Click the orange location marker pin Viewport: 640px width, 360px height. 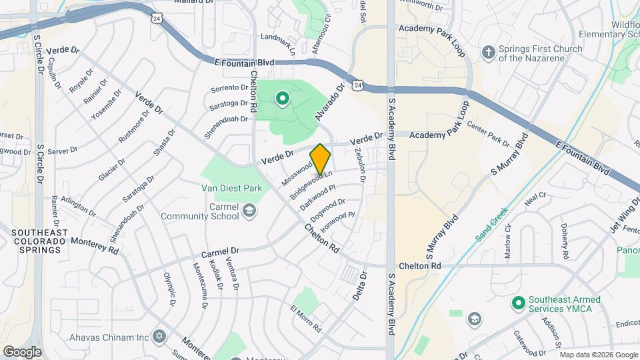point(321,159)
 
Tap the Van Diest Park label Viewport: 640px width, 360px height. point(232,188)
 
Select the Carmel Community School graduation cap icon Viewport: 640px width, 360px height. point(249,211)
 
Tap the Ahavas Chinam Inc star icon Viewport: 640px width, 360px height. point(158,334)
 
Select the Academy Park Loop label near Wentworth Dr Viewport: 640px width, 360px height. point(431,29)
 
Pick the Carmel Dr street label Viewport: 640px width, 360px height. point(220,253)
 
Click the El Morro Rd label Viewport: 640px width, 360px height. point(306,319)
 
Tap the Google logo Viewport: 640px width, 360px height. point(23,351)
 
